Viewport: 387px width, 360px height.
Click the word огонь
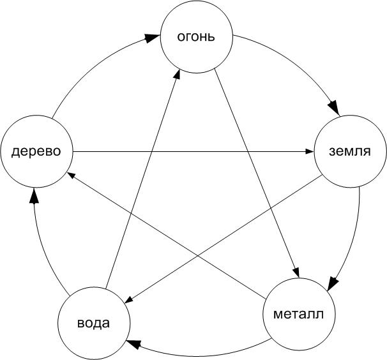pos(196,38)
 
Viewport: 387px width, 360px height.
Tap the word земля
pos(350,151)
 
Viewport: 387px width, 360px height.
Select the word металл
pos(298,314)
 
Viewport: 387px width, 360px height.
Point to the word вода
pos(93,323)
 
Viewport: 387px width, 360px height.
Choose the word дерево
pos(36,151)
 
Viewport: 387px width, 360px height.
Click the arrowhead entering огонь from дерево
pos(152,38)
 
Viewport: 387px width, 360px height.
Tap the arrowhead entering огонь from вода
pos(178,74)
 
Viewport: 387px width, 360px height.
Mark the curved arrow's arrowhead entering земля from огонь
pos(334,108)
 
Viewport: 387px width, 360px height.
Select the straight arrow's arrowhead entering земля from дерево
pos(310,151)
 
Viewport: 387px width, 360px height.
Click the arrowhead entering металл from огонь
pos(297,273)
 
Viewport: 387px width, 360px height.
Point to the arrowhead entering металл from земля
pos(333,283)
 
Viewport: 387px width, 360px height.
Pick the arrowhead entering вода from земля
pos(130,299)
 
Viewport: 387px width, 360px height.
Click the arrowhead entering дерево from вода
pos(34,197)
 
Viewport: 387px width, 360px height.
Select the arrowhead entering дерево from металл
pos(71,175)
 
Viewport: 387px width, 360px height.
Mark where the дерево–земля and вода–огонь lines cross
pos(151,151)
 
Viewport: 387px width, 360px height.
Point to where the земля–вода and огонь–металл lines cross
pos(271,207)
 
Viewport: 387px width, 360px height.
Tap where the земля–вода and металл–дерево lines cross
pos(198,256)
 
